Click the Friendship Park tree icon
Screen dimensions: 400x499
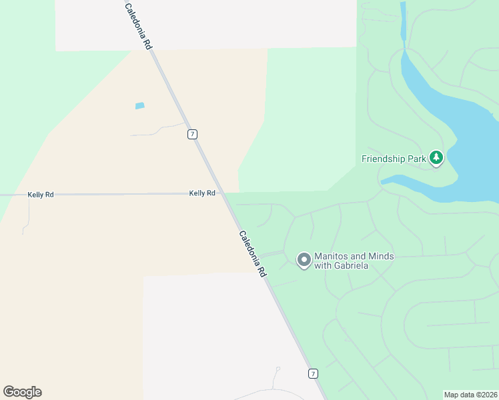(436, 159)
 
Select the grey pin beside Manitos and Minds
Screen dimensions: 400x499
(304, 260)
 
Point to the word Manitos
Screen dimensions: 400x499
(331, 257)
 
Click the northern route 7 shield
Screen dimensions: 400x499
(193, 134)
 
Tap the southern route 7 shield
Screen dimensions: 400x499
(312, 373)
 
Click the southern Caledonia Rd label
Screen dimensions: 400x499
(253, 254)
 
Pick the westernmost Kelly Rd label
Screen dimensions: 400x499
(40, 195)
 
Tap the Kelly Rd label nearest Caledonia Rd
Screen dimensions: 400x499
(202, 193)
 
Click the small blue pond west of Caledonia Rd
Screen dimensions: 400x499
(139, 105)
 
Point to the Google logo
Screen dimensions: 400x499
(22, 392)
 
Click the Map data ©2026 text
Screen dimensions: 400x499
(471, 395)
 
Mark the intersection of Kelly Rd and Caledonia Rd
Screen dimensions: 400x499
(221, 193)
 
